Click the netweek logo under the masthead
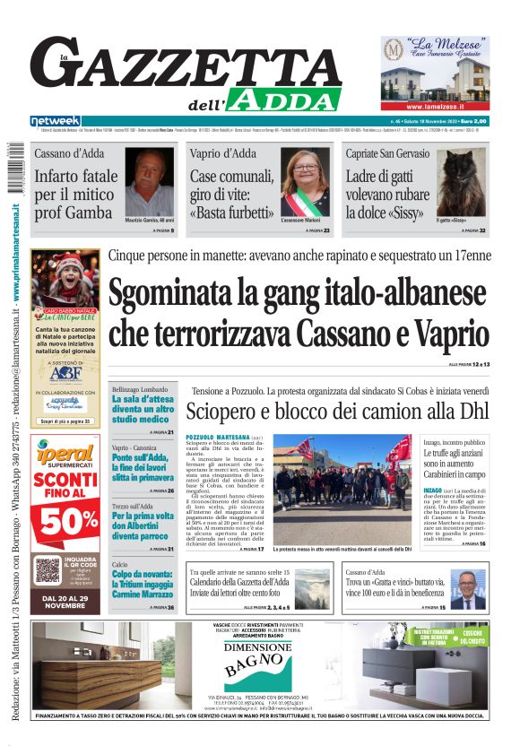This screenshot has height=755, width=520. pyautogui.click(x=55, y=121)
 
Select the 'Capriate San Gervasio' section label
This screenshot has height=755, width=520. pyautogui.click(x=386, y=154)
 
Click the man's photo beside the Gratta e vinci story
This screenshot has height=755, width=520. pyautogui.click(x=467, y=589)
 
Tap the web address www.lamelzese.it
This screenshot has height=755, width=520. pyautogui.click(x=435, y=105)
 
